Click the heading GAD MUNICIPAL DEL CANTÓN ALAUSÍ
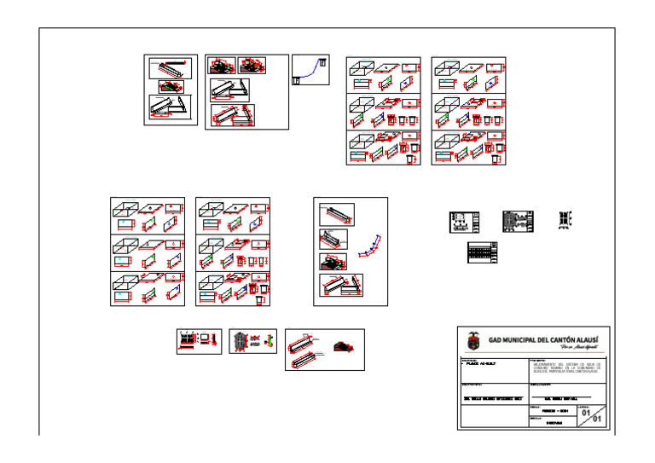542,339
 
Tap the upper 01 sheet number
586,413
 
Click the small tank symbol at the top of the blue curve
324,61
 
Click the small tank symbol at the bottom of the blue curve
296,80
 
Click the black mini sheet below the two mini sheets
482,252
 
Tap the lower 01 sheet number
597,420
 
